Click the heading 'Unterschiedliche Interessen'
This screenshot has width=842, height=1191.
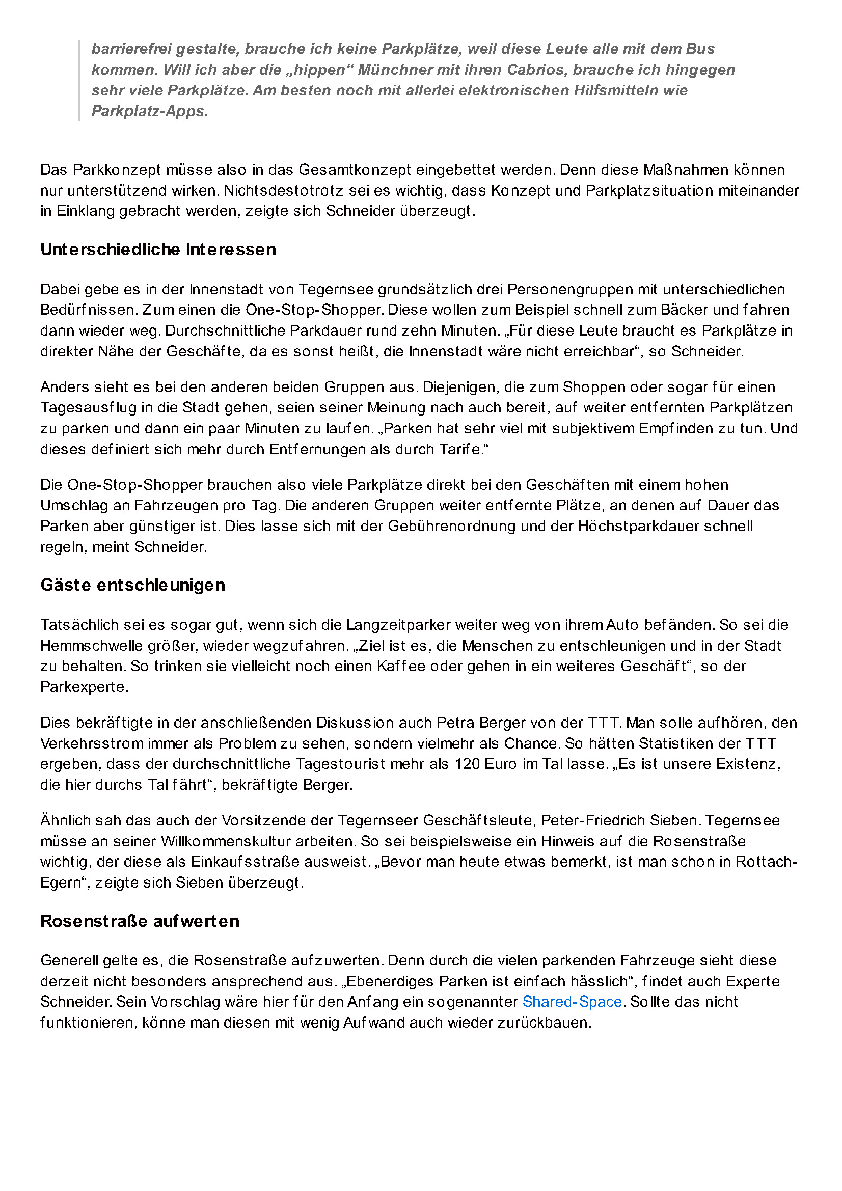[158, 250]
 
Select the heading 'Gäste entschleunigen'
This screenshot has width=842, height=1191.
[132, 585]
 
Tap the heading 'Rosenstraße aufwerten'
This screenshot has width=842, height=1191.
[140, 921]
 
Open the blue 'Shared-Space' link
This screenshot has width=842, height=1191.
[572, 1002]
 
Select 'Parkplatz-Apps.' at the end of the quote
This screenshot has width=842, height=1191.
[150, 111]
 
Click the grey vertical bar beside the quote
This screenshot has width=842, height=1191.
[79, 80]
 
